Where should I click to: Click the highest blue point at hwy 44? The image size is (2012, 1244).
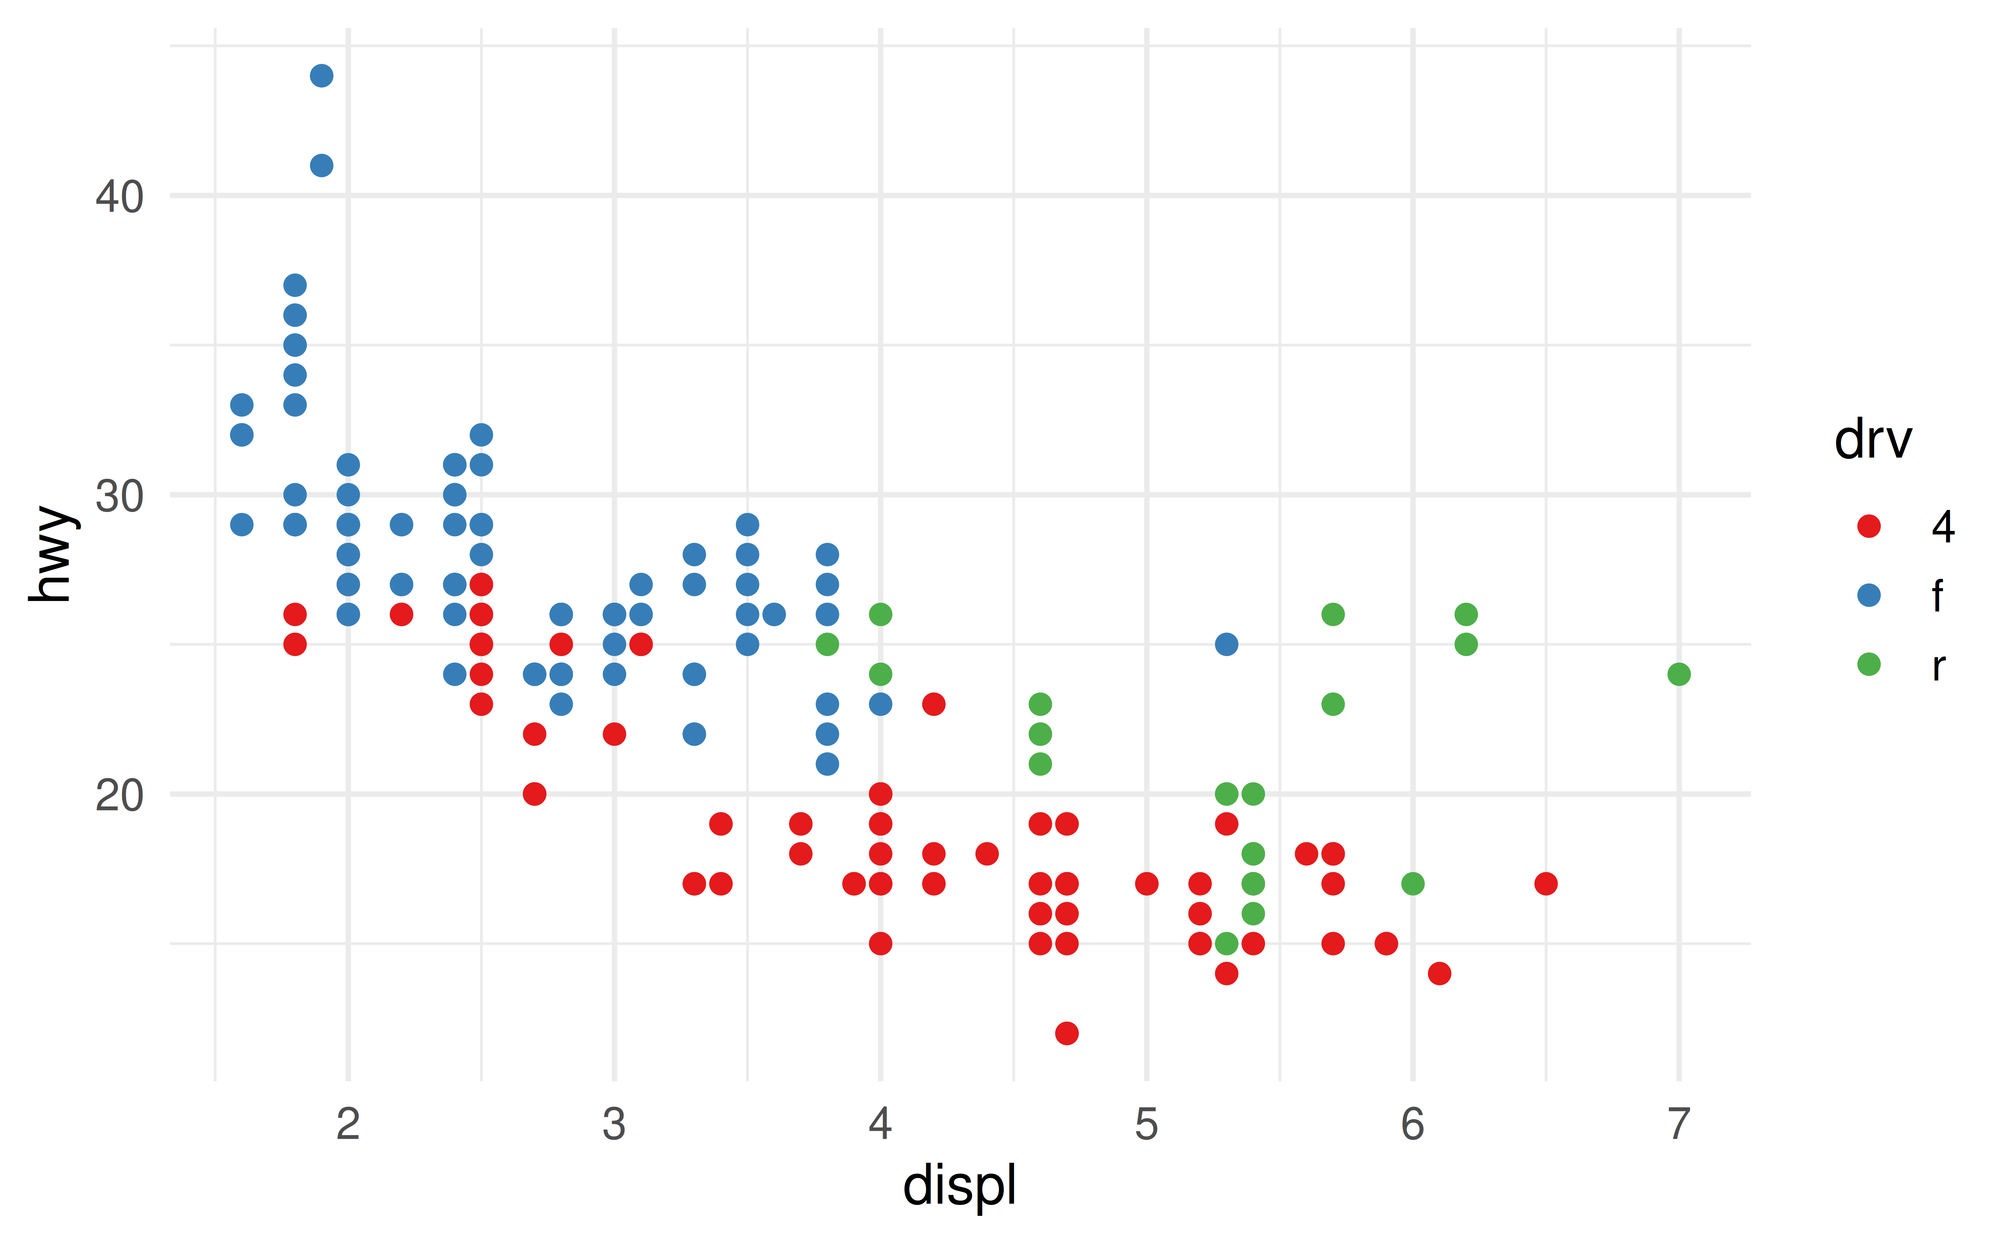point(322,76)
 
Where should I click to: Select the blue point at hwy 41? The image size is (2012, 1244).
point(322,166)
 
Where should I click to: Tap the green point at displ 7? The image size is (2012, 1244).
point(1679,674)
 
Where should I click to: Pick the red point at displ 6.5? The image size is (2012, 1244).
point(1546,884)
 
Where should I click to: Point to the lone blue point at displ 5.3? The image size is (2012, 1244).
point(1226,644)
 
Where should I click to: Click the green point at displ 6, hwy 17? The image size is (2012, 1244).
point(1413,884)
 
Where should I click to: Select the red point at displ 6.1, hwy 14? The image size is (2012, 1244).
point(1439,973)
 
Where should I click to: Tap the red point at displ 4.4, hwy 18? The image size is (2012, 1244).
point(987,853)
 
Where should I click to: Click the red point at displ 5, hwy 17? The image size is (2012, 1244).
point(1146,884)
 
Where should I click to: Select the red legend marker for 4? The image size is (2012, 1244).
point(1869,526)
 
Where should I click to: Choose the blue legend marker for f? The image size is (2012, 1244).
point(1869,595)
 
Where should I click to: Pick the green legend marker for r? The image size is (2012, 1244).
point(1869,664)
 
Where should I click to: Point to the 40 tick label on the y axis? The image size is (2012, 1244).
point(119,197)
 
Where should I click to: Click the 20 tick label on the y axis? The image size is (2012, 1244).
point(119,795)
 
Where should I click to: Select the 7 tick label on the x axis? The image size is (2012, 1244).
point(1679,1124)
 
